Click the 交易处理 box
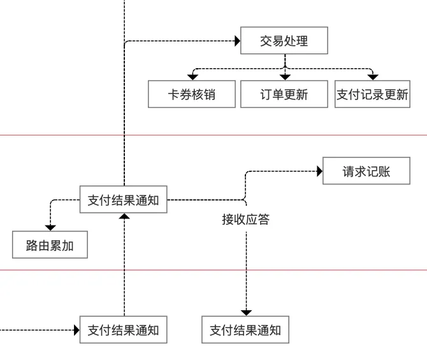(284, 41)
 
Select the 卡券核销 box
(192, 94)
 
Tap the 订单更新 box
(284, 94)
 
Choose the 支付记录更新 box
(372, 94)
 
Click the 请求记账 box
(366, 171)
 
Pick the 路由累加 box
(50, 245)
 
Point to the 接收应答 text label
(246, 219)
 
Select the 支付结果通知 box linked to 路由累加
(123, 200)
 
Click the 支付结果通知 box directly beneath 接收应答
(245, 330)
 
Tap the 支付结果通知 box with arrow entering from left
(123, 330)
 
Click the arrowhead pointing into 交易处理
(237, 41)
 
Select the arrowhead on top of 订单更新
(285, 76)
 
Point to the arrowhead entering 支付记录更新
(373, 76)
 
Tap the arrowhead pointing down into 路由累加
(50, 227)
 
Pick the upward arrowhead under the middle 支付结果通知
(124, 217)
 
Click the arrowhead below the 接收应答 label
(246, 312)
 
